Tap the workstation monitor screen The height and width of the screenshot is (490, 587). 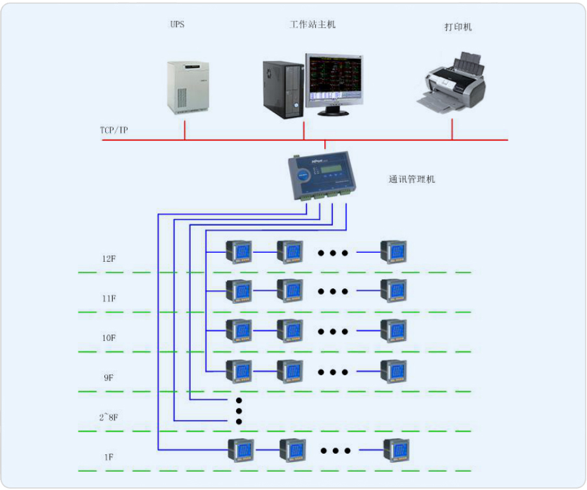tap(334, 80)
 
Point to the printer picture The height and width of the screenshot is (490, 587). tap(451, 82)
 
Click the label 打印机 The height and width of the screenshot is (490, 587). tap(458, 27)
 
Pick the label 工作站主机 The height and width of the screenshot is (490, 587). tap(313, 25)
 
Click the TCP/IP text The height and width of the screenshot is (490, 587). tap(114, 130)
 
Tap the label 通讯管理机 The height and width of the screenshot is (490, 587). tap(412, 179)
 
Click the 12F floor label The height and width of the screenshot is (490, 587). tap(109, 259)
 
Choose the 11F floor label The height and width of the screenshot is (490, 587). tap(109, 299)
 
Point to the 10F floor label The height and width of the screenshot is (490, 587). tap(109, 338)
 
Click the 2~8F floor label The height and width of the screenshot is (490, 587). tap(109, 417)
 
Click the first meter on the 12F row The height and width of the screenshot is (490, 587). tap(238, 252)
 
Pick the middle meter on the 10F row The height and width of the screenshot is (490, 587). tap(289, 331)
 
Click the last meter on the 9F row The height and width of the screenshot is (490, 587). tap(393, 371)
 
